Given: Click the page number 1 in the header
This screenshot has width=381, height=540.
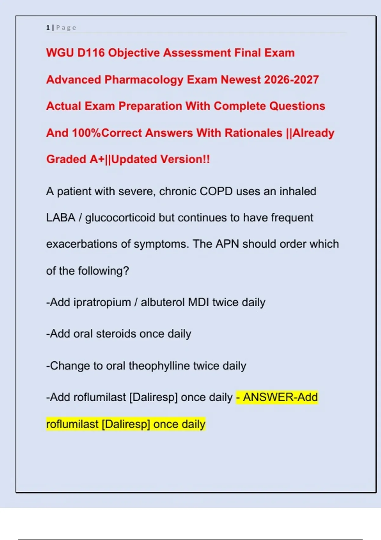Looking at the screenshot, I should [x=48, y=28].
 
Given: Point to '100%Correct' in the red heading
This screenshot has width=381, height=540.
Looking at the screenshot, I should [x=107, y=133].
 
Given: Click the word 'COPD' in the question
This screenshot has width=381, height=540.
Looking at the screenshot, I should [x=216, y=192].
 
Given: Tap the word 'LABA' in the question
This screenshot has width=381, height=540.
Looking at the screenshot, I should [x=61, y=218].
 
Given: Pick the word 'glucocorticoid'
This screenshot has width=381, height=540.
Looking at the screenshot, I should [x=120, y=218].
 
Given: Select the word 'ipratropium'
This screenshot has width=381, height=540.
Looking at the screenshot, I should [x=102, y=302].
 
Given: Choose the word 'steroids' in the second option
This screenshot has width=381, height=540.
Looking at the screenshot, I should [x=116, y=334].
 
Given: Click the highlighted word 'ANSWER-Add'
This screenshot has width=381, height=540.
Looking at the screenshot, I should [x=280, y=397].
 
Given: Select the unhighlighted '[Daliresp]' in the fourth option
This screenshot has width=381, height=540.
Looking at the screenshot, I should [x=153, y=397].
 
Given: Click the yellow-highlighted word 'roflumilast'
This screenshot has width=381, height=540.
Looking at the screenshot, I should [x=72, y=424].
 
